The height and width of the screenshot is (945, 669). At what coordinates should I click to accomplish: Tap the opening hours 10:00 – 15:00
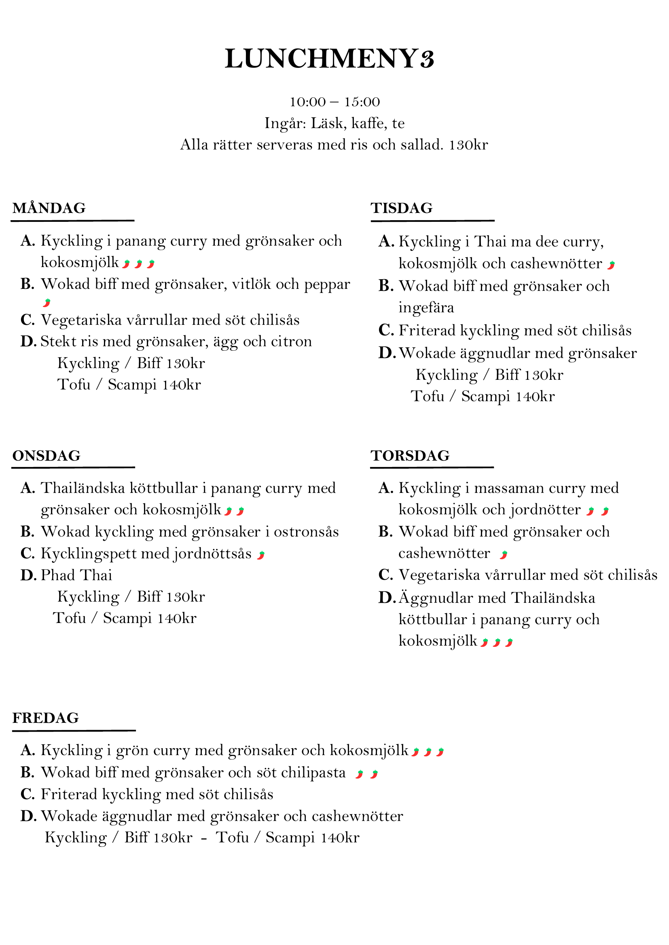pyautogui.click(x=334, y=102)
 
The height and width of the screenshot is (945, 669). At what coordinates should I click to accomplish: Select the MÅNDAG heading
pyautogui.click(x=49, y=208)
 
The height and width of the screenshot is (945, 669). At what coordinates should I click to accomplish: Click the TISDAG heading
pyautogui.click(x=402, y=208)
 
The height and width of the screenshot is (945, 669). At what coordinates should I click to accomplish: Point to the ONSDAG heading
pyautogui.click(x=47, y=456)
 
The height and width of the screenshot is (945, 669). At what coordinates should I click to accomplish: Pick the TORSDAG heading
pyautogui.click(x=410, y=456)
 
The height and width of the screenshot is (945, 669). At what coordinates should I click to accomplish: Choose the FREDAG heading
pyautogui.click(x=46, y=718)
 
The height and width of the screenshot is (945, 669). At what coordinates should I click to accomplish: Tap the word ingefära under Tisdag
pyautogui.click(x=426, y=307)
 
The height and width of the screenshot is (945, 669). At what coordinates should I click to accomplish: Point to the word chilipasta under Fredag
pyautogui.click(x=313, y=772)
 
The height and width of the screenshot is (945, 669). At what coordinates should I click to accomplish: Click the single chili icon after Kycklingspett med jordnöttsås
pyautogui.click(x=261, y=555)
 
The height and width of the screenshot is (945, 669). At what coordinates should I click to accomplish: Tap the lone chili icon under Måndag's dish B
pyautogui.click(x=47, y=303)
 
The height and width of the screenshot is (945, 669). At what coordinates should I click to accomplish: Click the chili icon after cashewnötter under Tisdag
pyautogui.click(x=611, y=265)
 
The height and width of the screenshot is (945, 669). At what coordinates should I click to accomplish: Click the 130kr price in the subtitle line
pyautogui.click(x=468, y=145)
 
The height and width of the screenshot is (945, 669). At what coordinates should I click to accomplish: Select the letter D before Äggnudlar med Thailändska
pyautogui.click(x=386, y=598)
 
